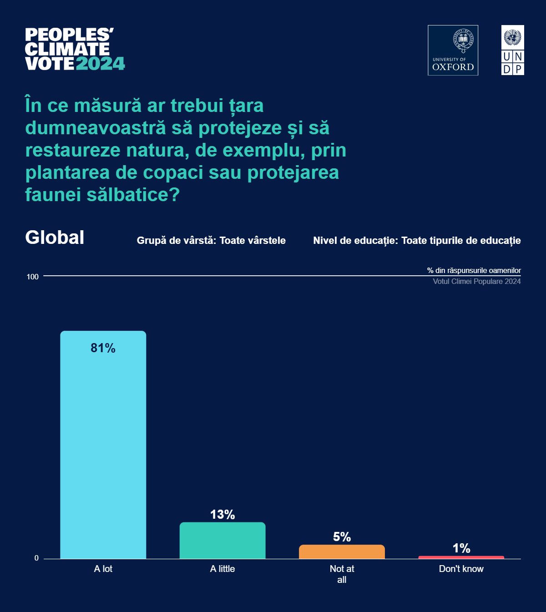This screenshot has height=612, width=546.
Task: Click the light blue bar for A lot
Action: [103, 446]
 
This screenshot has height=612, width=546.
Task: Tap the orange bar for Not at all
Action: [342, 551]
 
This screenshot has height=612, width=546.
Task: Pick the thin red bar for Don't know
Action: [461, 557]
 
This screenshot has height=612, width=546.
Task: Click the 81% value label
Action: [103, 348]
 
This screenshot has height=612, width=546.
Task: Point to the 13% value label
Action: [222, 515]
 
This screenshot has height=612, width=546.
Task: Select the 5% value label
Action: [342, 537]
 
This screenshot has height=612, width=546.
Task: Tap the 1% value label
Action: [461, 548]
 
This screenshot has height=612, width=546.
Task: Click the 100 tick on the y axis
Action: [33, 277]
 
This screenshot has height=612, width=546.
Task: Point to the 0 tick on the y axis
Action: [36, 558]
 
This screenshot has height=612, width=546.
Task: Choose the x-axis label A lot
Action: [103, 569]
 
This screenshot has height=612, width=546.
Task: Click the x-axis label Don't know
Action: [461, 569]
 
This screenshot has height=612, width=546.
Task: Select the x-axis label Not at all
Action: [342, 574]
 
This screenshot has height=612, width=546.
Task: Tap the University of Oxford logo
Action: [453, 50]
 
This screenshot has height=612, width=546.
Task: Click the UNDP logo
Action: [512, 50]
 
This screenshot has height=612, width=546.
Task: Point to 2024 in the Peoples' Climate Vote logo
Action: [100, 64]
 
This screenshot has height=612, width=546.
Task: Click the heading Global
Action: [55, 238]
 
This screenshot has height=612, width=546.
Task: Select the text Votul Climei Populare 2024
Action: [476, 281]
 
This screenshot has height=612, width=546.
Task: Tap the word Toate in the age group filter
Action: [232, 240]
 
